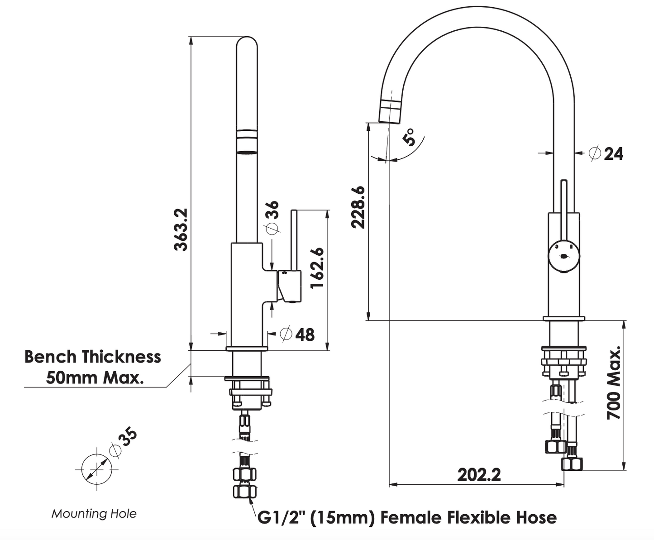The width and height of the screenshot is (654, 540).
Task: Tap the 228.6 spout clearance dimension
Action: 358,207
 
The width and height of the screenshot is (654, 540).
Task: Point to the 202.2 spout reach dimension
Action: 479,474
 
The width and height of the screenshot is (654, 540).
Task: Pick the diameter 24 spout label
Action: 606,154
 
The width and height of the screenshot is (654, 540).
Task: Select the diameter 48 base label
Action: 297,335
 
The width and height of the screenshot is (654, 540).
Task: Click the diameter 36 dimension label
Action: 272,218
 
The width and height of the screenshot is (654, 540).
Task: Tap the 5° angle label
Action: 410,137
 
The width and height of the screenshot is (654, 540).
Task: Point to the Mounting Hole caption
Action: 94,513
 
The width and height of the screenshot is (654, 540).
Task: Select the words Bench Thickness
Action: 93,357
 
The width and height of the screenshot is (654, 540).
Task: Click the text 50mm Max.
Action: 95,377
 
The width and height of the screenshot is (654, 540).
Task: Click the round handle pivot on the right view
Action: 563,257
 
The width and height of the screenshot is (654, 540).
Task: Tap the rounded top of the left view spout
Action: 247,43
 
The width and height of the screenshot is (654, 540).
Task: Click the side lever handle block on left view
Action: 289,286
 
